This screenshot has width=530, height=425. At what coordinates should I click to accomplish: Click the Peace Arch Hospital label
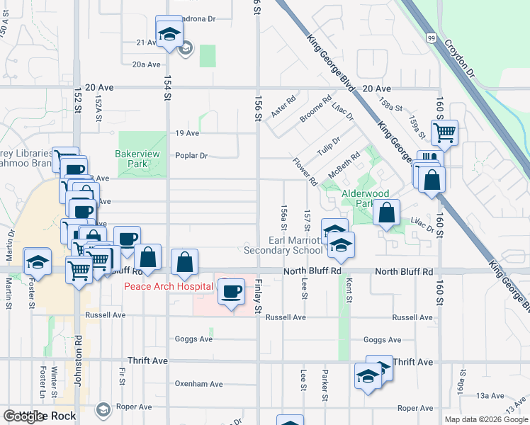[169, 286]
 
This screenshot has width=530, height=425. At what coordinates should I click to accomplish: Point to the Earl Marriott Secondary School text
[283, 245]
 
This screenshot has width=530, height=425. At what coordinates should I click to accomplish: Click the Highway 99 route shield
[432, 37]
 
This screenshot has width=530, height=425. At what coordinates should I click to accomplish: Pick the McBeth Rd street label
[344, 164]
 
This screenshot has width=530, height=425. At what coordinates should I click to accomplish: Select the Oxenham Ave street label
[198, 384]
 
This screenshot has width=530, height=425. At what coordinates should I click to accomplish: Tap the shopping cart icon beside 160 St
[444, 132]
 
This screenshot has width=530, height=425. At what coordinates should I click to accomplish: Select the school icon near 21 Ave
[169, 33]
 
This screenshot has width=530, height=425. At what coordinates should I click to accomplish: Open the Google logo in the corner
[23, 416]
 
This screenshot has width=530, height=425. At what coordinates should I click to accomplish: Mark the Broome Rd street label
[315, 110]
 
